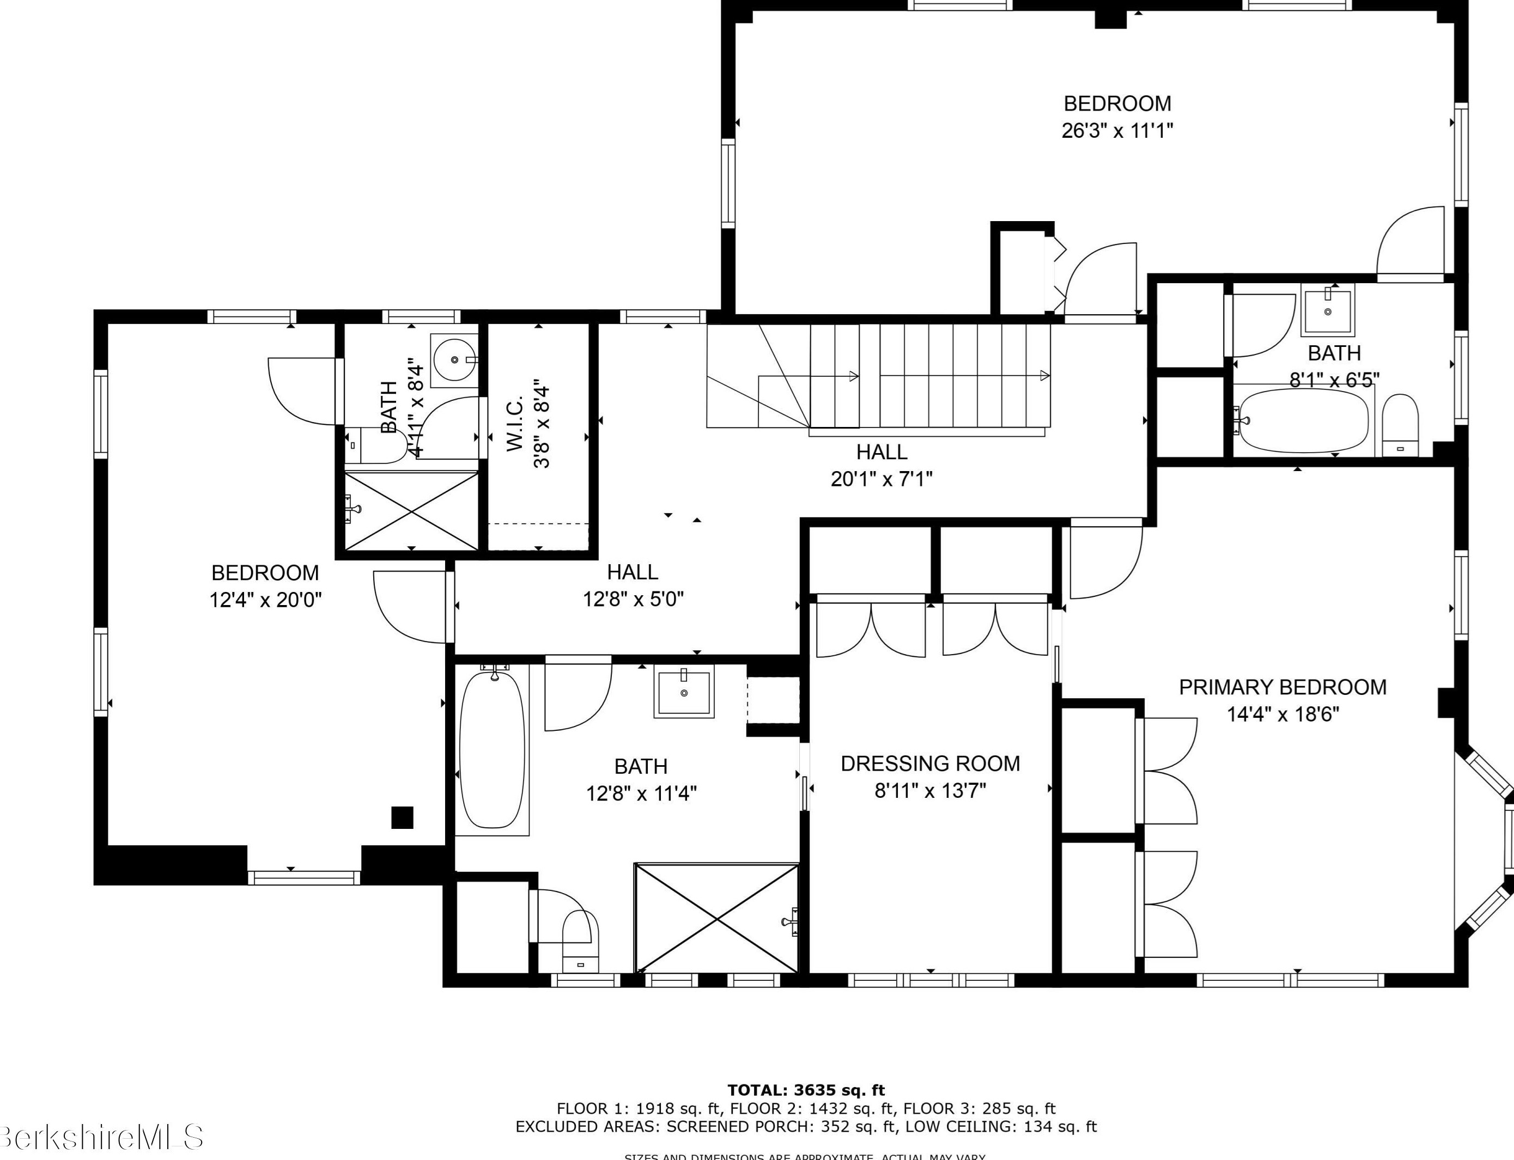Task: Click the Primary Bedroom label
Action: tap(1282, 687)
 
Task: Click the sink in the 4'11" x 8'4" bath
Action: tap(454, 360)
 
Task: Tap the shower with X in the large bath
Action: tap(716, 918)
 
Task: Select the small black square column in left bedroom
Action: tap(402, 817)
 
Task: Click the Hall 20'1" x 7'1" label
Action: tap(881, 452)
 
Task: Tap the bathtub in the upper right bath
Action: tap(1303, 420)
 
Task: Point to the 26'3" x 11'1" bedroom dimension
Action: tap(1117, 130)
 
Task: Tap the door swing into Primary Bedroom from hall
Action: tap(1103, 561)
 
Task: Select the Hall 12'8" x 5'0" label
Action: tap(632, 572)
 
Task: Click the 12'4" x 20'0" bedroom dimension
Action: tap(265, 599)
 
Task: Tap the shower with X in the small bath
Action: tap(411, 511)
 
